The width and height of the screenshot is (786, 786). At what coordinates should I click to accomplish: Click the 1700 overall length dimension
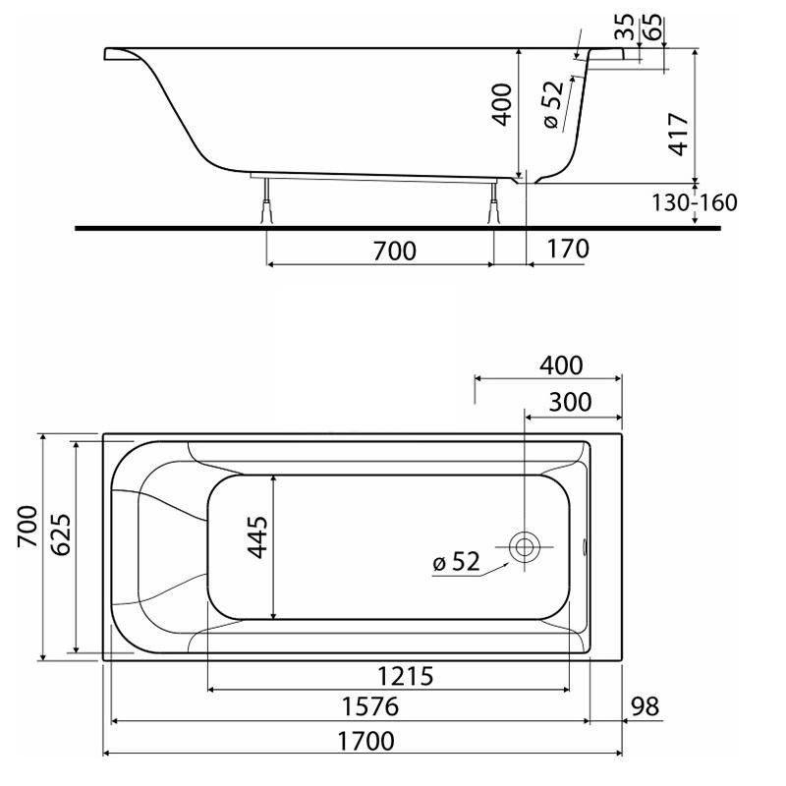[x=365, y=741]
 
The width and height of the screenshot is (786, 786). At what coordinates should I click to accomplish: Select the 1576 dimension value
[x=370, y=706]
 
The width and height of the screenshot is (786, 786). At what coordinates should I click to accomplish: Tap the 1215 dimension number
[x=405, y=676]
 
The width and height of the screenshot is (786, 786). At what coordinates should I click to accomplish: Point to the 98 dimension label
[x=645, y=706]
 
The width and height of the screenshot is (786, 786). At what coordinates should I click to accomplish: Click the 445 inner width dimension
[x=258, y=536]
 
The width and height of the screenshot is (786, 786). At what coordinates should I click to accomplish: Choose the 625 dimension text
[x=61, y=534]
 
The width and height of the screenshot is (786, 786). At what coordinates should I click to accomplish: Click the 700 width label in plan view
[x=28, y=527]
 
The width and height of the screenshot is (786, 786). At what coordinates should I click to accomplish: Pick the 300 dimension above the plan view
[x=571, y=402]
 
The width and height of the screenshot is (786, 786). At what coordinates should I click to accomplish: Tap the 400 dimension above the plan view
[x=561, y=365]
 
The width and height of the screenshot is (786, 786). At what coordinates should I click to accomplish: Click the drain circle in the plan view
[x=525, y=547]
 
